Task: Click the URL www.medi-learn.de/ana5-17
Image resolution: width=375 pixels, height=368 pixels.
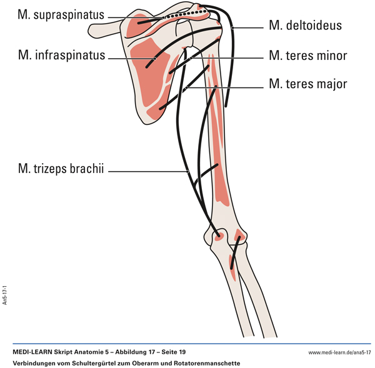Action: [336, 353]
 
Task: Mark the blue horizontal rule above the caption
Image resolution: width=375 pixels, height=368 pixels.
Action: [187, 344]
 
